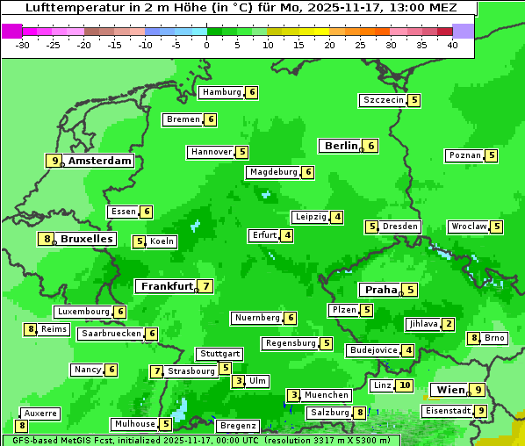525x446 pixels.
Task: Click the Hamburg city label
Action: [221, 92]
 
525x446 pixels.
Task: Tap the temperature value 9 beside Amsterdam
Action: [54, 161]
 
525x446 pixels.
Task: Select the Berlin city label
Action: [342, 146]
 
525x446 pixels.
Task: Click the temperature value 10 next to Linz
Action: [404, 385]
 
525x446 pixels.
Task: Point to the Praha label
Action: [381, 290]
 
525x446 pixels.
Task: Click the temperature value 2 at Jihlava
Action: [449, 324]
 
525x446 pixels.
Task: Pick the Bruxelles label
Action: [86, 239]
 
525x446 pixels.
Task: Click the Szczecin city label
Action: [384, 100]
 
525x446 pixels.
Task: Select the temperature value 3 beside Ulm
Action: [239, 381]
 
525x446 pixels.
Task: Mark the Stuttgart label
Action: [219, 354]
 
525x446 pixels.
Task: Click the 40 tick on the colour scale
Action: [452, 45]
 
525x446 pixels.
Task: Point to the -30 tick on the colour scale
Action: [23, 45]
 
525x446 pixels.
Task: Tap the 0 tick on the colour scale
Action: [207, 45]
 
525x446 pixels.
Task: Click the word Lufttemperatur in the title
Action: [75, 8]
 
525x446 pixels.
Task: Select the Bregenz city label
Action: [237, 426]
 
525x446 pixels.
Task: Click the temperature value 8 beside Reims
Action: [31, 329]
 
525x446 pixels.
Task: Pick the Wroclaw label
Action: [469, 227]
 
